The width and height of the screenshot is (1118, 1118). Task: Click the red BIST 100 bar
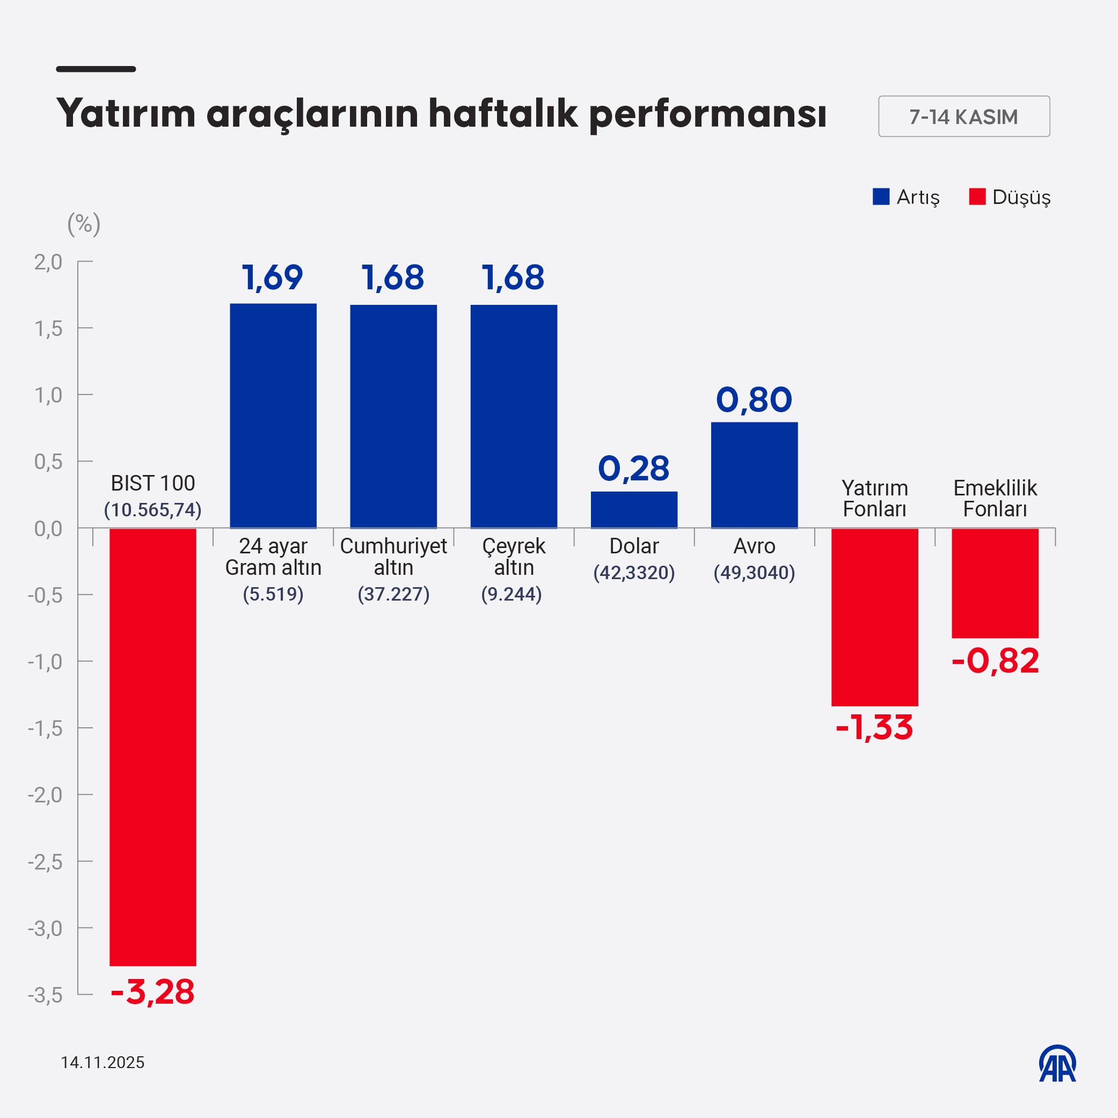tap(153, 747)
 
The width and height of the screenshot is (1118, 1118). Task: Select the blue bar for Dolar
tap(634, 509)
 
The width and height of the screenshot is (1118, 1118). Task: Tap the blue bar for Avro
tap(754, 474)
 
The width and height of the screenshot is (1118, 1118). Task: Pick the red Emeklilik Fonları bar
tap(995, 583)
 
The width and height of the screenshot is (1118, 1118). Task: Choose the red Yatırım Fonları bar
tap(874, 617)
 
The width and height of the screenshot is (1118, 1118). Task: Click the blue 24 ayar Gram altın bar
tap(273, 415)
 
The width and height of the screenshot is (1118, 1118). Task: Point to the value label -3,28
tap(153, 992)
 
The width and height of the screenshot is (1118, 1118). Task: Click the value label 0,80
tap(754, 399)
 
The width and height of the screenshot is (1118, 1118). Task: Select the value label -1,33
tap(874, 727)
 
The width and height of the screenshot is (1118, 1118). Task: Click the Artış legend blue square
tap(881, 197)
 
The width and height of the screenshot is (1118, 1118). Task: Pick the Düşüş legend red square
tap(977, 197)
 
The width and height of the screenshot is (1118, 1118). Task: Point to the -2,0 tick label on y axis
tap(45, 794)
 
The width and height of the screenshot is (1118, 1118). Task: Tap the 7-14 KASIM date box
tap(963, 116)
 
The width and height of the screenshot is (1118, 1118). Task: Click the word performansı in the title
tap(707, 114)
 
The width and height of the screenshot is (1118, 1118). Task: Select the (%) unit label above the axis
tap(84, 224)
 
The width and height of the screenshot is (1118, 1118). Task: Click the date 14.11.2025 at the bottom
tap(103, 1062)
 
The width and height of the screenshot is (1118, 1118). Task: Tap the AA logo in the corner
tap(1057, 1063)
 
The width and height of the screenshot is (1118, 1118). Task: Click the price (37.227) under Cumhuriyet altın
tap(393, 594)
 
